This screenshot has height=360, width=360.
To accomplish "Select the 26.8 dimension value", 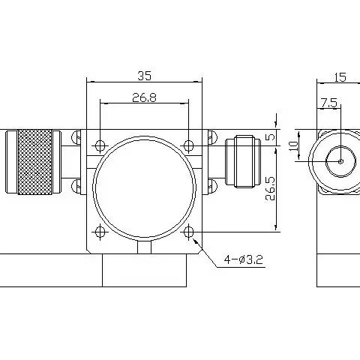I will coord(143,97).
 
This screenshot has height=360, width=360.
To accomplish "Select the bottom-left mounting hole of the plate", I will coord(100,232).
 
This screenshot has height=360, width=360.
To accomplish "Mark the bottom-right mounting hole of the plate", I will coord(188,232).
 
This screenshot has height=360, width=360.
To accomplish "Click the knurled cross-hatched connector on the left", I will coord(36,160).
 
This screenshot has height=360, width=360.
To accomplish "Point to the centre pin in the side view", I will coord(339,160).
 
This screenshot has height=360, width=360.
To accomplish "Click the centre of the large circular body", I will coord(144,187).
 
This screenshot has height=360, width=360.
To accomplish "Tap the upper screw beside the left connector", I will coord(77,138).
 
